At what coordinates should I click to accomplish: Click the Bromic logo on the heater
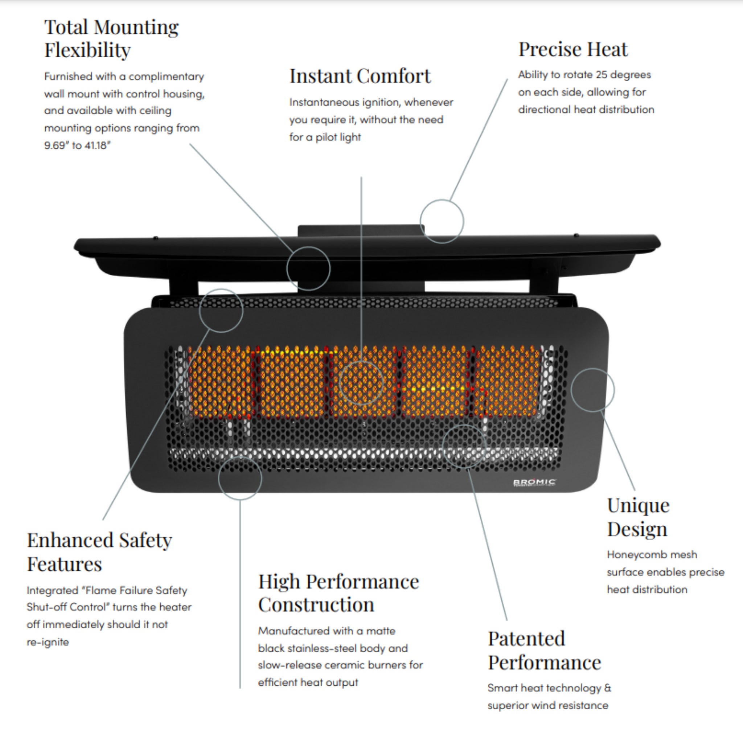(534, 482)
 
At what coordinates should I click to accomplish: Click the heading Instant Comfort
(360, 76)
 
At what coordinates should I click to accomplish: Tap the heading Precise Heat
(572, 49)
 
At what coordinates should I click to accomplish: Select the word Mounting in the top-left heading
(136, 28)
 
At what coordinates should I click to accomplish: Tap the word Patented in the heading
(526, 639)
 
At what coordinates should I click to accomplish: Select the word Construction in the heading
(316, 604)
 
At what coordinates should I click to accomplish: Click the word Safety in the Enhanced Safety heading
(145, 540)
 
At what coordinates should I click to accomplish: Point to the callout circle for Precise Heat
(442, 221)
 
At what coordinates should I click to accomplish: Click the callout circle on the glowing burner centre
(361, 382)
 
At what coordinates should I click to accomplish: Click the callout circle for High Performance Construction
(240, 478)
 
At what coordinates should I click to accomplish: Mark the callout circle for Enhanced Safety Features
(221, 310)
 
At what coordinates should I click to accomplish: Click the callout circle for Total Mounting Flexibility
(308, 268)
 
